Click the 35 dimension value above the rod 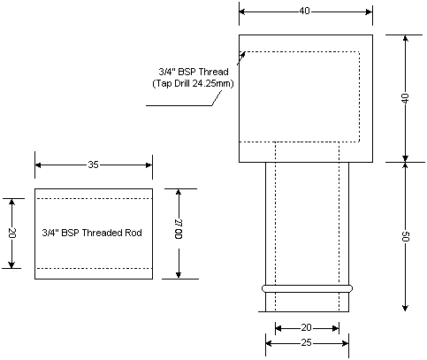(93, 165)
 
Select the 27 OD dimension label (179, 229)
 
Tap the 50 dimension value (406, 236)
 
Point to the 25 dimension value (306, 343)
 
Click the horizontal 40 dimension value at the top (305, 11)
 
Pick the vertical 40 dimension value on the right (406, 98)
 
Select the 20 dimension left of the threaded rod (12, 233)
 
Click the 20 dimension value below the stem (306, 327)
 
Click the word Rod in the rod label (133, 233)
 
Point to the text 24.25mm (213, 83)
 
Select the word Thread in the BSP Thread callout (214, 72)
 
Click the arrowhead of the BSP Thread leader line (242, 55)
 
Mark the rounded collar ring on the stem (308, 288)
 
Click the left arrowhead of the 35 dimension (38, 165)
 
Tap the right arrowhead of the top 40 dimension (369, 11)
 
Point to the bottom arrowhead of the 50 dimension (406, 308)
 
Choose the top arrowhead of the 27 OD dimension (179, 192)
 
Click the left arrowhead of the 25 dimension (269, 343)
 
